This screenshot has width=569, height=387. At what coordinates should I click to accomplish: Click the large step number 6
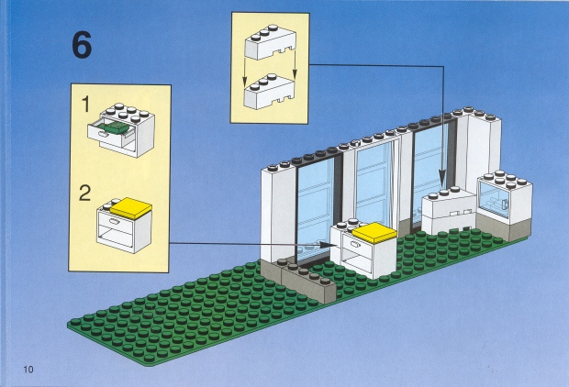[x=82, y=45]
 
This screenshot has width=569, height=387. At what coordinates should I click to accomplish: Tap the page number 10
[x=28, y=370]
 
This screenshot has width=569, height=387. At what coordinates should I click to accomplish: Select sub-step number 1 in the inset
[x=85, y=105]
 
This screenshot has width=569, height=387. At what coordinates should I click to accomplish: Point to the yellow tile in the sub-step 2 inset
[x=131, y=208]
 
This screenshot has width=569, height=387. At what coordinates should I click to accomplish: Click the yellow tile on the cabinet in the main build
[x=374, y=233]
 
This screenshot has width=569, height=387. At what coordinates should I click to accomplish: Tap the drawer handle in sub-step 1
[x=103, y=135]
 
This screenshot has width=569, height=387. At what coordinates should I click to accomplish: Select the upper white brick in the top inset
[x=270, y=42]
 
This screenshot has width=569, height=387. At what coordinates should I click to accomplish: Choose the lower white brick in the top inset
[x=269, y=92]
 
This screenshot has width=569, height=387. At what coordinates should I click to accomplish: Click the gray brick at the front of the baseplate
[x=308, y=284]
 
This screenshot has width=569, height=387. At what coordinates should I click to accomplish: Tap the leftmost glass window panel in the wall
[x=316, y=206]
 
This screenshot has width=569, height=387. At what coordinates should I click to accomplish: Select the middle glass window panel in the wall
[x=374, y=185]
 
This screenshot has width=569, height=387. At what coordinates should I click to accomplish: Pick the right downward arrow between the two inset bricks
[x=295, y=64]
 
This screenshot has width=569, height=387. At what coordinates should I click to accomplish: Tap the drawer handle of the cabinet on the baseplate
[x=356, y=246]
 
